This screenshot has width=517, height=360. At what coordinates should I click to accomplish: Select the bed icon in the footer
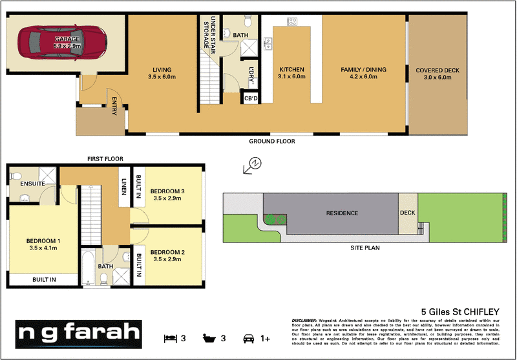click(170, 337)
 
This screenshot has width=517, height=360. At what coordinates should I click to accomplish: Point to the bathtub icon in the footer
click(208, 337)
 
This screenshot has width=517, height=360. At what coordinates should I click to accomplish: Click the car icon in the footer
click(248, 337)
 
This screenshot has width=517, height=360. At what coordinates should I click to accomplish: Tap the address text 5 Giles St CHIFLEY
click(461, 312)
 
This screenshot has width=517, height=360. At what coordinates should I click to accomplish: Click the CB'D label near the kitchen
click(251, 98)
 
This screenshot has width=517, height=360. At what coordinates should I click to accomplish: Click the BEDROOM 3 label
click(167, 191)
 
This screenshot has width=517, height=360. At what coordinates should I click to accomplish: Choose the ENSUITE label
click(32, 184)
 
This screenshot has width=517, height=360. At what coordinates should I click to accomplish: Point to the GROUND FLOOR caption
click(272, 141)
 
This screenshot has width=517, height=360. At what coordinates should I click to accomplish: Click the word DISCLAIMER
click(304, 321)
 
